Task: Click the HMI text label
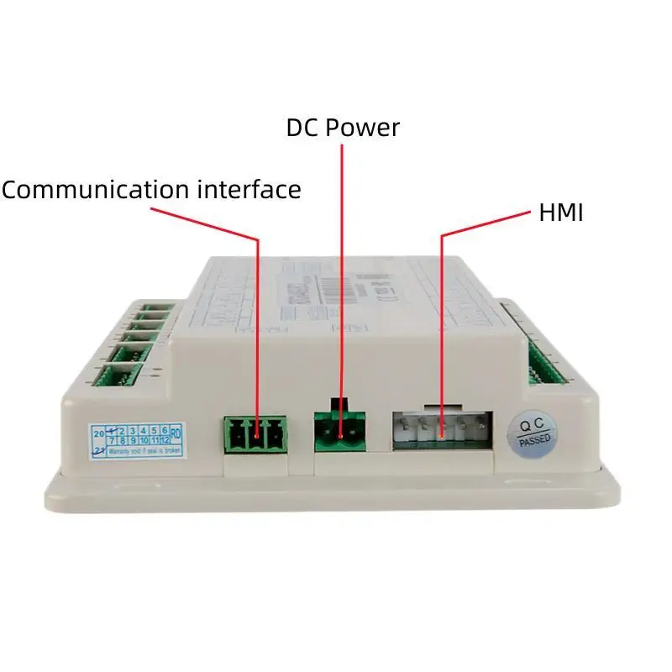[x=560, y=213]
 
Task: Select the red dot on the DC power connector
[x=341, y=435]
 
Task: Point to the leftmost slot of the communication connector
[x=234, y=436]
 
